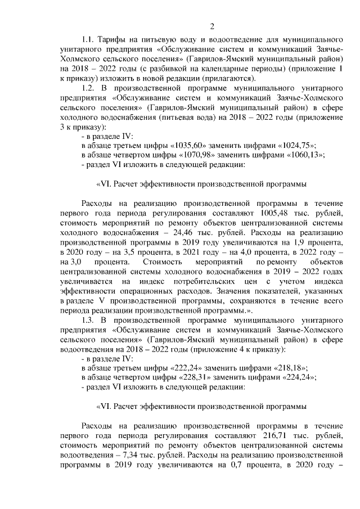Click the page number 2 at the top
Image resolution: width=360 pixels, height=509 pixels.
tap(213, 26)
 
